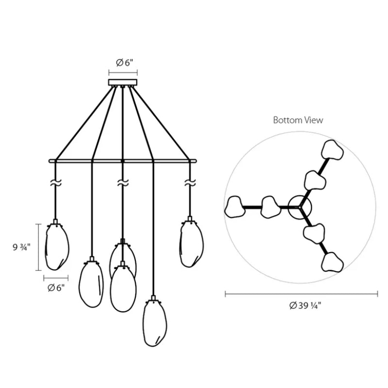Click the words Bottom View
click(x=298, y=120)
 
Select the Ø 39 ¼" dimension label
click(x=306, y=306)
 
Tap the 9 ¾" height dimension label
click(x=21, y=247)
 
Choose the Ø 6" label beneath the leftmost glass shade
click(x=56, y=288)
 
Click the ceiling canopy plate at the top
click(x=123, y=82)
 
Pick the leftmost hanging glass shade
click(x=57, y=246)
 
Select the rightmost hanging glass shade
click(x=192, y=243)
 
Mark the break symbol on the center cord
click(x=122, y=184)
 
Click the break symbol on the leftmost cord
click(x=56, y=184)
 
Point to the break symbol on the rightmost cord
click(x=190, y=183)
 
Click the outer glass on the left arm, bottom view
click(x=235, y=207)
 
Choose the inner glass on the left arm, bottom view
click(x=270, y=207)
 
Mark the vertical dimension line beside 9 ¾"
click(x=39, y=247)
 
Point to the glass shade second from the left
click(x=91, y=284)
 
